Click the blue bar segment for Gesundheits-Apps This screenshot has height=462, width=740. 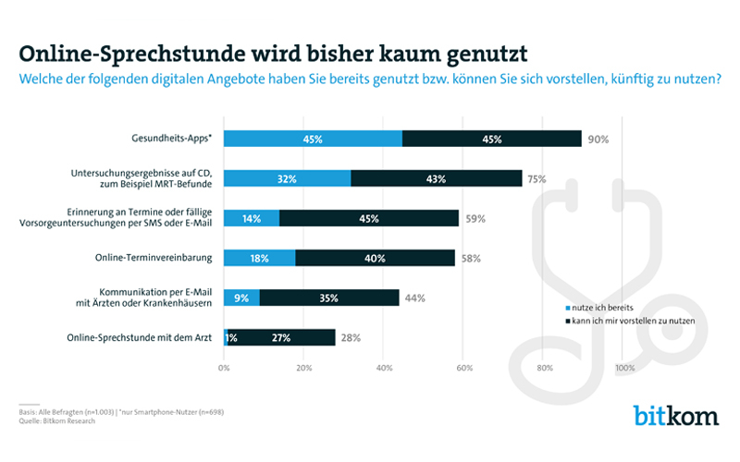coord(313,140)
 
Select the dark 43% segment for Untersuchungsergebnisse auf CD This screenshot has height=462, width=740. coord(437,179)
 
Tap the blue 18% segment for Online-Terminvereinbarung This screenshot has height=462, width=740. coord(259,259)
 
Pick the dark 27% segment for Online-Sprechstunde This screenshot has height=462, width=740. coord(281,338)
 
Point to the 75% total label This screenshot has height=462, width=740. coord(536,179)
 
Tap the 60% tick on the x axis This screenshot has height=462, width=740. coord(463,368)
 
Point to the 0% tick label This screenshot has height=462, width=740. coord(224,368)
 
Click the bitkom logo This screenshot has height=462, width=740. coord(675,416)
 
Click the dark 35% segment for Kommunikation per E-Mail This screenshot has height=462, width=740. coord(329,298)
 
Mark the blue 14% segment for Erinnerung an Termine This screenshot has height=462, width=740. coord(251,219)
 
